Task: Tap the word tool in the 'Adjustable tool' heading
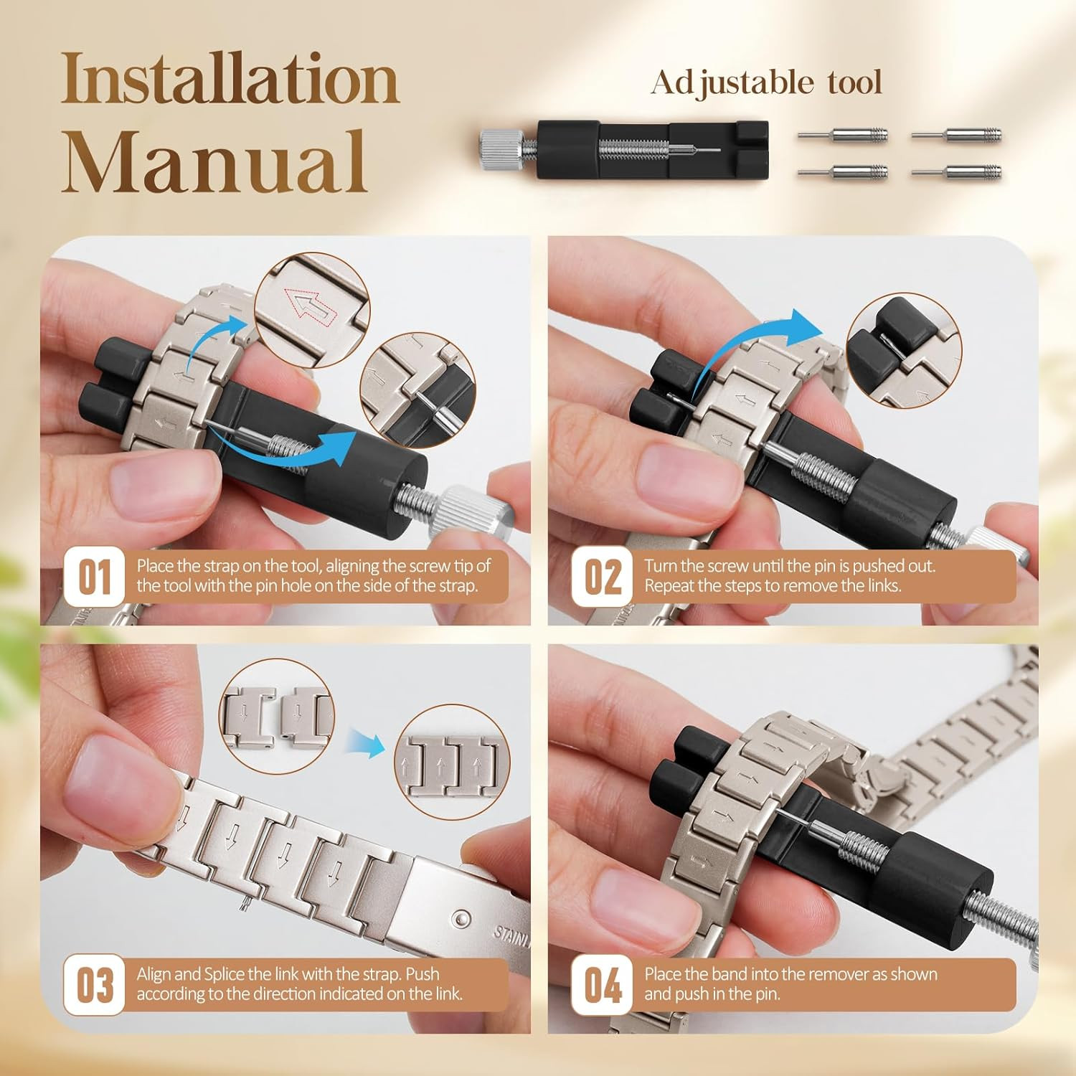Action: (854, 82)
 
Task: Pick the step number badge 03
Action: (94, 985)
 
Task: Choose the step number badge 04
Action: (602, 985)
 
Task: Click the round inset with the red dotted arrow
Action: (313, 310)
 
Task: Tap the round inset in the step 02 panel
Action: (904, 350)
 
